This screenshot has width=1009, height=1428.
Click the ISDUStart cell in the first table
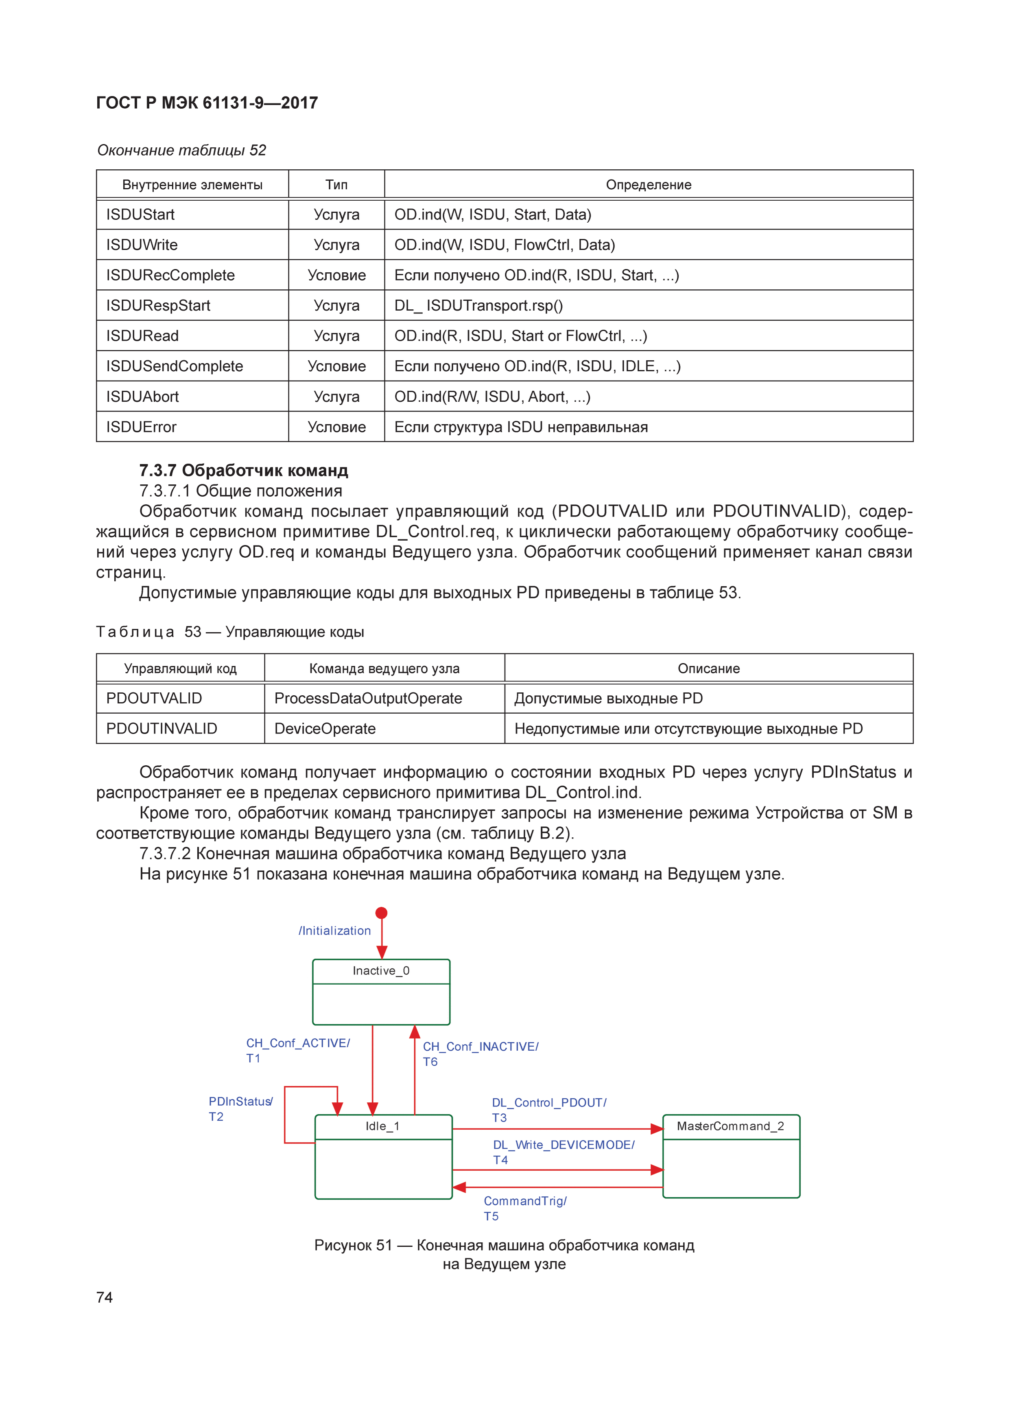click(140, 215)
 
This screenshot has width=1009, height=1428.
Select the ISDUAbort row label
click(142, 397)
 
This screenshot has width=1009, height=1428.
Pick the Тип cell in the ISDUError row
click(336, 427)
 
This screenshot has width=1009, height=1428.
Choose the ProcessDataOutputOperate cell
click(368, 699)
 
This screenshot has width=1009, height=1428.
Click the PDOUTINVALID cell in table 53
click(162, 729)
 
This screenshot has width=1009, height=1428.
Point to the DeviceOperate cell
click(325, 729)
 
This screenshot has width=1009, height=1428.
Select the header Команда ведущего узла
click(384, 668)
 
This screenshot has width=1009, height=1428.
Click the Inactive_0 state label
click(381, 971)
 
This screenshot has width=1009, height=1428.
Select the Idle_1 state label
click(382, 1126)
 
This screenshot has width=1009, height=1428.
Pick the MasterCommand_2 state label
click(730, 1126)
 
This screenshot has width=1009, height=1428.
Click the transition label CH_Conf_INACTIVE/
click(480, 1047)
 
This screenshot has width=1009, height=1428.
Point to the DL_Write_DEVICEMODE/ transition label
click(563, 1145)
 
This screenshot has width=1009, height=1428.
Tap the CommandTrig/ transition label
click(525, 1201)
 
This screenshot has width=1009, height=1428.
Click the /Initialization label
click(334, 931)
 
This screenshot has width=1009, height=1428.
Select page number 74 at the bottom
click(105, 1297)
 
